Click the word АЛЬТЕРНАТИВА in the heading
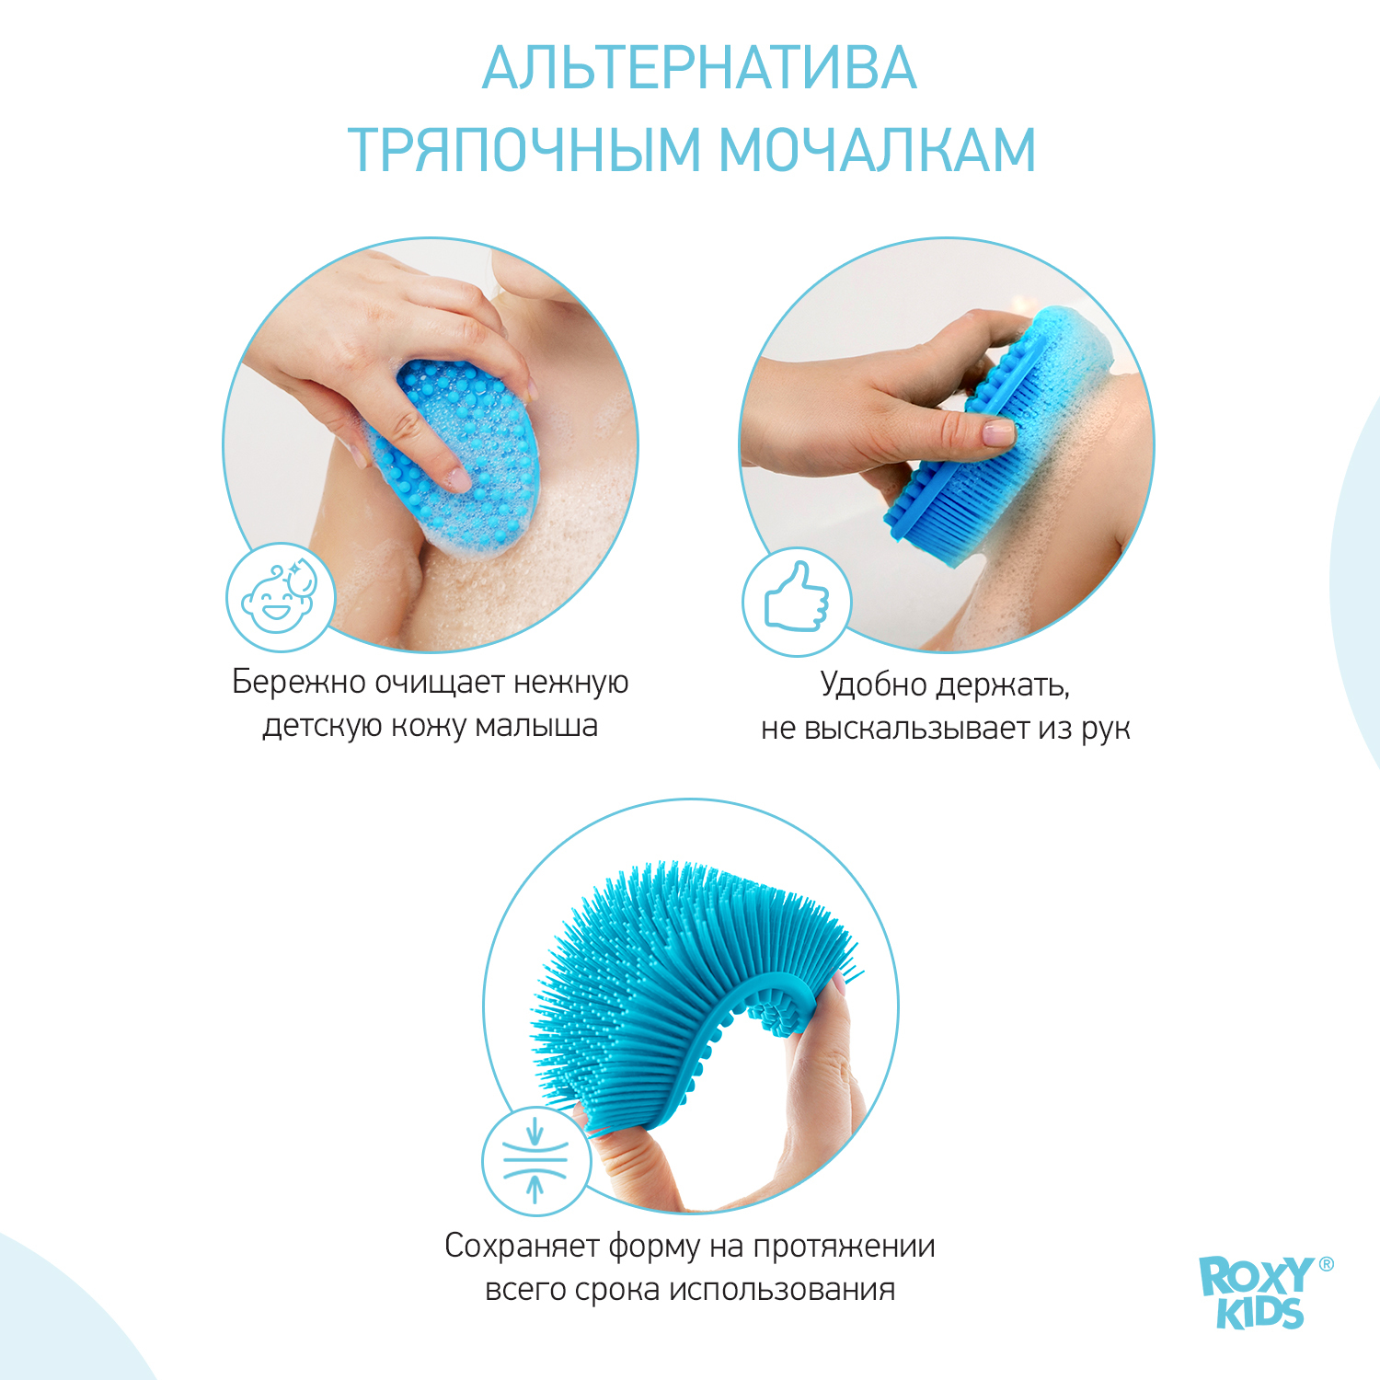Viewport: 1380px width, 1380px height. [x=699, y=68]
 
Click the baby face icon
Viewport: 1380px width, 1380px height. [x=281, y=598]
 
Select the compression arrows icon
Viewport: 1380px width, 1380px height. [x=535, y=1161]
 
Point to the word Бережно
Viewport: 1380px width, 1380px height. [x=299, y=682]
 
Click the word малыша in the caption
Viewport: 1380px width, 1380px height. [x=536, y=726]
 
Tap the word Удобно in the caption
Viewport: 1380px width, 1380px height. [x=873, y=684]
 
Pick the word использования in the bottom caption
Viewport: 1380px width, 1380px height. [x=782, y=1290]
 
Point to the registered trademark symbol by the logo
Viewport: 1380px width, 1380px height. [x=1326, y=1264]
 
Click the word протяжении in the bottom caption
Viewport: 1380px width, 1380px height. [x=844, y=1247]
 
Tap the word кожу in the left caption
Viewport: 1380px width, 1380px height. [x=429, y=726]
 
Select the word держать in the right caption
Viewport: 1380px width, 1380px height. [x=1003, y=685]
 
